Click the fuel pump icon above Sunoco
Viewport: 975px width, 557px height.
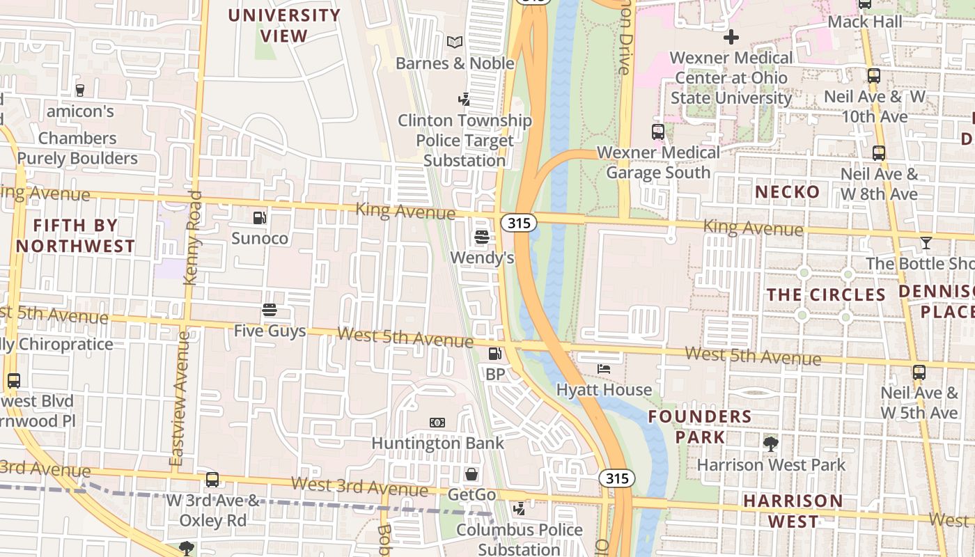(259, 218)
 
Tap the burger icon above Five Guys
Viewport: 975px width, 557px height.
(270, 310)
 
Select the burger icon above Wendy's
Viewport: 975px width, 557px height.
(481, 237)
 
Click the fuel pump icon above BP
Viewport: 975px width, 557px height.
(494, 354)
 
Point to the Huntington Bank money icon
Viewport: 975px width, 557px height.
(437, 423)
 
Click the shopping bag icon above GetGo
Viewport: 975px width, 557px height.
(471, 475)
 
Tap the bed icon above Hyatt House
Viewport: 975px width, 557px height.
(604, 369)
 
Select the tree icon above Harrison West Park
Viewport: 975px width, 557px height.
(770, 444)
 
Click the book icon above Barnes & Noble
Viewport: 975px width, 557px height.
(455, 42)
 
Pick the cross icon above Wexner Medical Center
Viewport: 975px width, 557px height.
(731, 37)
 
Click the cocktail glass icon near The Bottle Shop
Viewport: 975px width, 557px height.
(926, 243)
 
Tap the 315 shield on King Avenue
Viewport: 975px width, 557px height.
(518, 223)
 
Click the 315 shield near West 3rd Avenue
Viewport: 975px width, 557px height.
(616, 478)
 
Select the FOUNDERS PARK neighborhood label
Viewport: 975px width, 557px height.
(700, 427)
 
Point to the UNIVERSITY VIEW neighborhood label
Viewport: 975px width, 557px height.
(284, 25)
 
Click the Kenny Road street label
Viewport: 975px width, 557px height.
(193, 238)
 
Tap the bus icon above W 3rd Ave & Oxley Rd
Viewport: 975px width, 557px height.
(212, 480)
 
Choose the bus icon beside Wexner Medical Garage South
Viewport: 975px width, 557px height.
(657, 132)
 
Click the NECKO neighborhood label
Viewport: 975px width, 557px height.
(788, 191)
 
